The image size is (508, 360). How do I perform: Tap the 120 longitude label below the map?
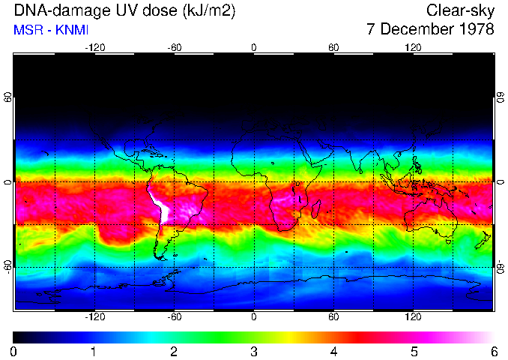pos(413,316)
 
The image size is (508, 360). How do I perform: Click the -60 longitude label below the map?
pos(174,316)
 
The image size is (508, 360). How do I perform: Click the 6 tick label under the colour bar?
pos(494,351)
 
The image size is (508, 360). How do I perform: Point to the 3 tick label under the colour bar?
pos(253,351)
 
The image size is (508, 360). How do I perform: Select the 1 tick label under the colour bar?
pos(93,351)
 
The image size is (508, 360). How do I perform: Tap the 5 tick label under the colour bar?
pos(414,351)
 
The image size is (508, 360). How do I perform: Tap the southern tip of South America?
pos(160,256)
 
